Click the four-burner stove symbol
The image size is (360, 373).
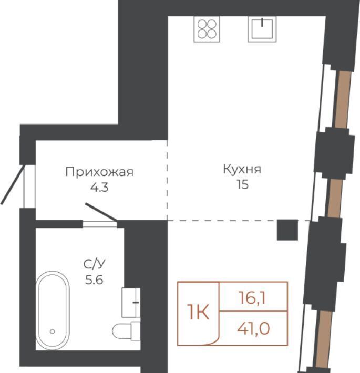(207, 29)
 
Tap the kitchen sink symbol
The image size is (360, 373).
(262, 29)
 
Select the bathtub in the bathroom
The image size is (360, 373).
(53, 310)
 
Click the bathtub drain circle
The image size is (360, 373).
(53, 331)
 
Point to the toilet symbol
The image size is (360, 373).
(126, 330)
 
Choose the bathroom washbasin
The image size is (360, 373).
(131, 303)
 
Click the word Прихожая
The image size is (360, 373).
(99, 172)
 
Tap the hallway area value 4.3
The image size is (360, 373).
(99, 187)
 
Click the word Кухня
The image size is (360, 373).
(242, 169)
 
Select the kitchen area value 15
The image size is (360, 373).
(242, 184)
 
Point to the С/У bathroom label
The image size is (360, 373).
(95, 264)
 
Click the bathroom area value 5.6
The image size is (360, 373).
(94, 279)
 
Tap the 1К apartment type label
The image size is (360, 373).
(198, 312)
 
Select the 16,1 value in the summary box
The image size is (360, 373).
(252, 298)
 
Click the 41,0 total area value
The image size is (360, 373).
(253, 328)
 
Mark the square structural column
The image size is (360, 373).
(287, 230)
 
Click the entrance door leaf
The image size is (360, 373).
(13, 184)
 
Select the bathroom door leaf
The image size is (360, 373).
(101, 212)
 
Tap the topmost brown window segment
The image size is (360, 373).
(343, 99)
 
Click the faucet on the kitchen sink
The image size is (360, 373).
(262, 22)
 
